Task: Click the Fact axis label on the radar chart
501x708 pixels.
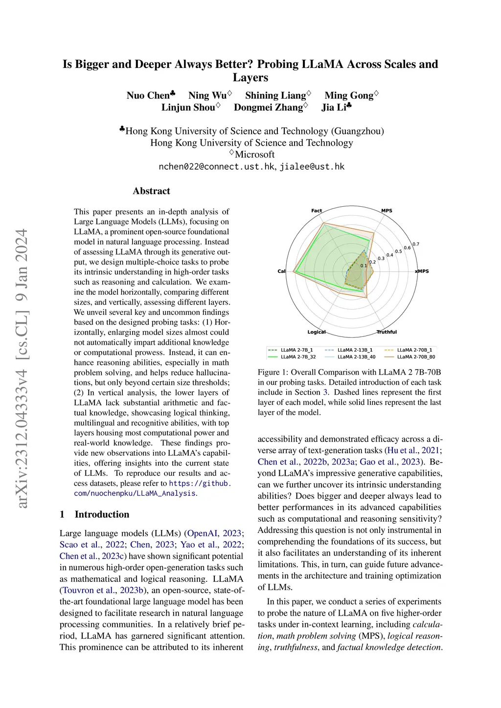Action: coord(317,211)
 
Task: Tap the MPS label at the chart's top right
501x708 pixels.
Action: coord(387,211)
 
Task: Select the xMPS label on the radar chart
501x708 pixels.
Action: coord(422,271)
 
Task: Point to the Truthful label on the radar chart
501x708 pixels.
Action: coord(387,332)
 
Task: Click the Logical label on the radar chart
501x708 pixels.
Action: coord(317,332)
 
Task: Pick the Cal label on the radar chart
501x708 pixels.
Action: coord(281,271)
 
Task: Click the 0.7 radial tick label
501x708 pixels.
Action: coord(416,244)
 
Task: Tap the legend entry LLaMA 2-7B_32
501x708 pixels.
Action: coord(298,357)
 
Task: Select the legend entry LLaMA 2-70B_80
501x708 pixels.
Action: coord(416,357)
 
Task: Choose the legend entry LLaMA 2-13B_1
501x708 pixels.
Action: coord(355,350)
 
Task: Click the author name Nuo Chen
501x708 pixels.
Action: coord(148,95)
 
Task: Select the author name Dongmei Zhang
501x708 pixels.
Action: coord(269,108)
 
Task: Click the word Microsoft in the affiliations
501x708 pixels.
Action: coord(254,155)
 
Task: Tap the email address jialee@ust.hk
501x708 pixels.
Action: coord(312,167)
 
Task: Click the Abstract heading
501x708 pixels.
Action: coord(152,191)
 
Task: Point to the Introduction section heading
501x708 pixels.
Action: coord(102,514)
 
